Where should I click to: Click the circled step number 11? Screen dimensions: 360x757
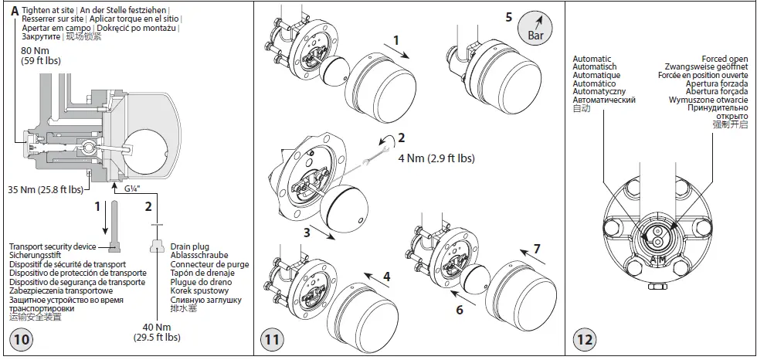coord(272,339)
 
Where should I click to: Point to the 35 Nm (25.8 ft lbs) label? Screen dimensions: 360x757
coord(46,188)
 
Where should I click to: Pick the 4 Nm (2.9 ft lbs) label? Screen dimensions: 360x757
coord(436,158)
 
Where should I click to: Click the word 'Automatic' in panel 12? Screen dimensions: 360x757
coord(592,59)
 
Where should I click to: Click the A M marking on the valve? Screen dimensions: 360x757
coord(657,258)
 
